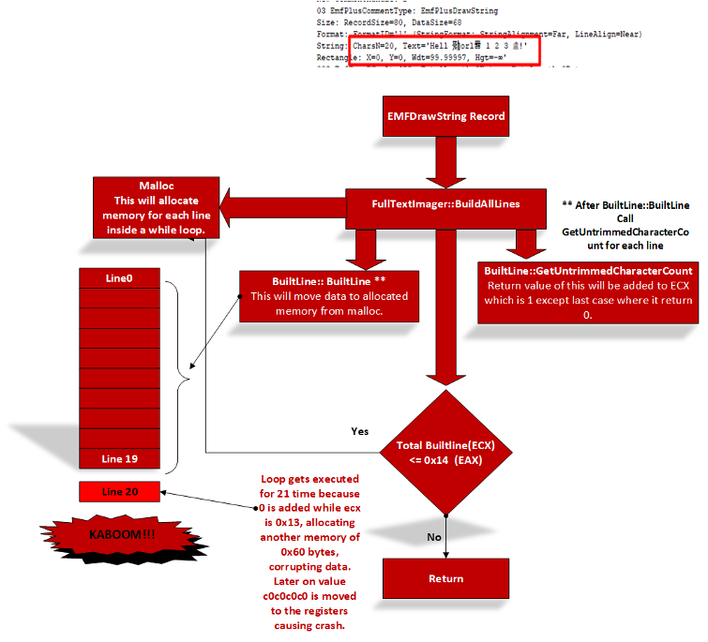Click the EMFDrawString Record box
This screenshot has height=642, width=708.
point(445,117)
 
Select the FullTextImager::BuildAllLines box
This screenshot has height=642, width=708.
point(445,203)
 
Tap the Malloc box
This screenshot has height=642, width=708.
point(156,207)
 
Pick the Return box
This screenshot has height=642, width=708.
point(445,578)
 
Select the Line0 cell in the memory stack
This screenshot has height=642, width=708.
point(119,278)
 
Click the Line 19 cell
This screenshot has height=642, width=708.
point(119,458)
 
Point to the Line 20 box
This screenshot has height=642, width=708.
point(119,492)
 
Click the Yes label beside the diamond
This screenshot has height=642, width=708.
point(359,432)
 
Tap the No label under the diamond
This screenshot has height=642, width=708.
point(433,536)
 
